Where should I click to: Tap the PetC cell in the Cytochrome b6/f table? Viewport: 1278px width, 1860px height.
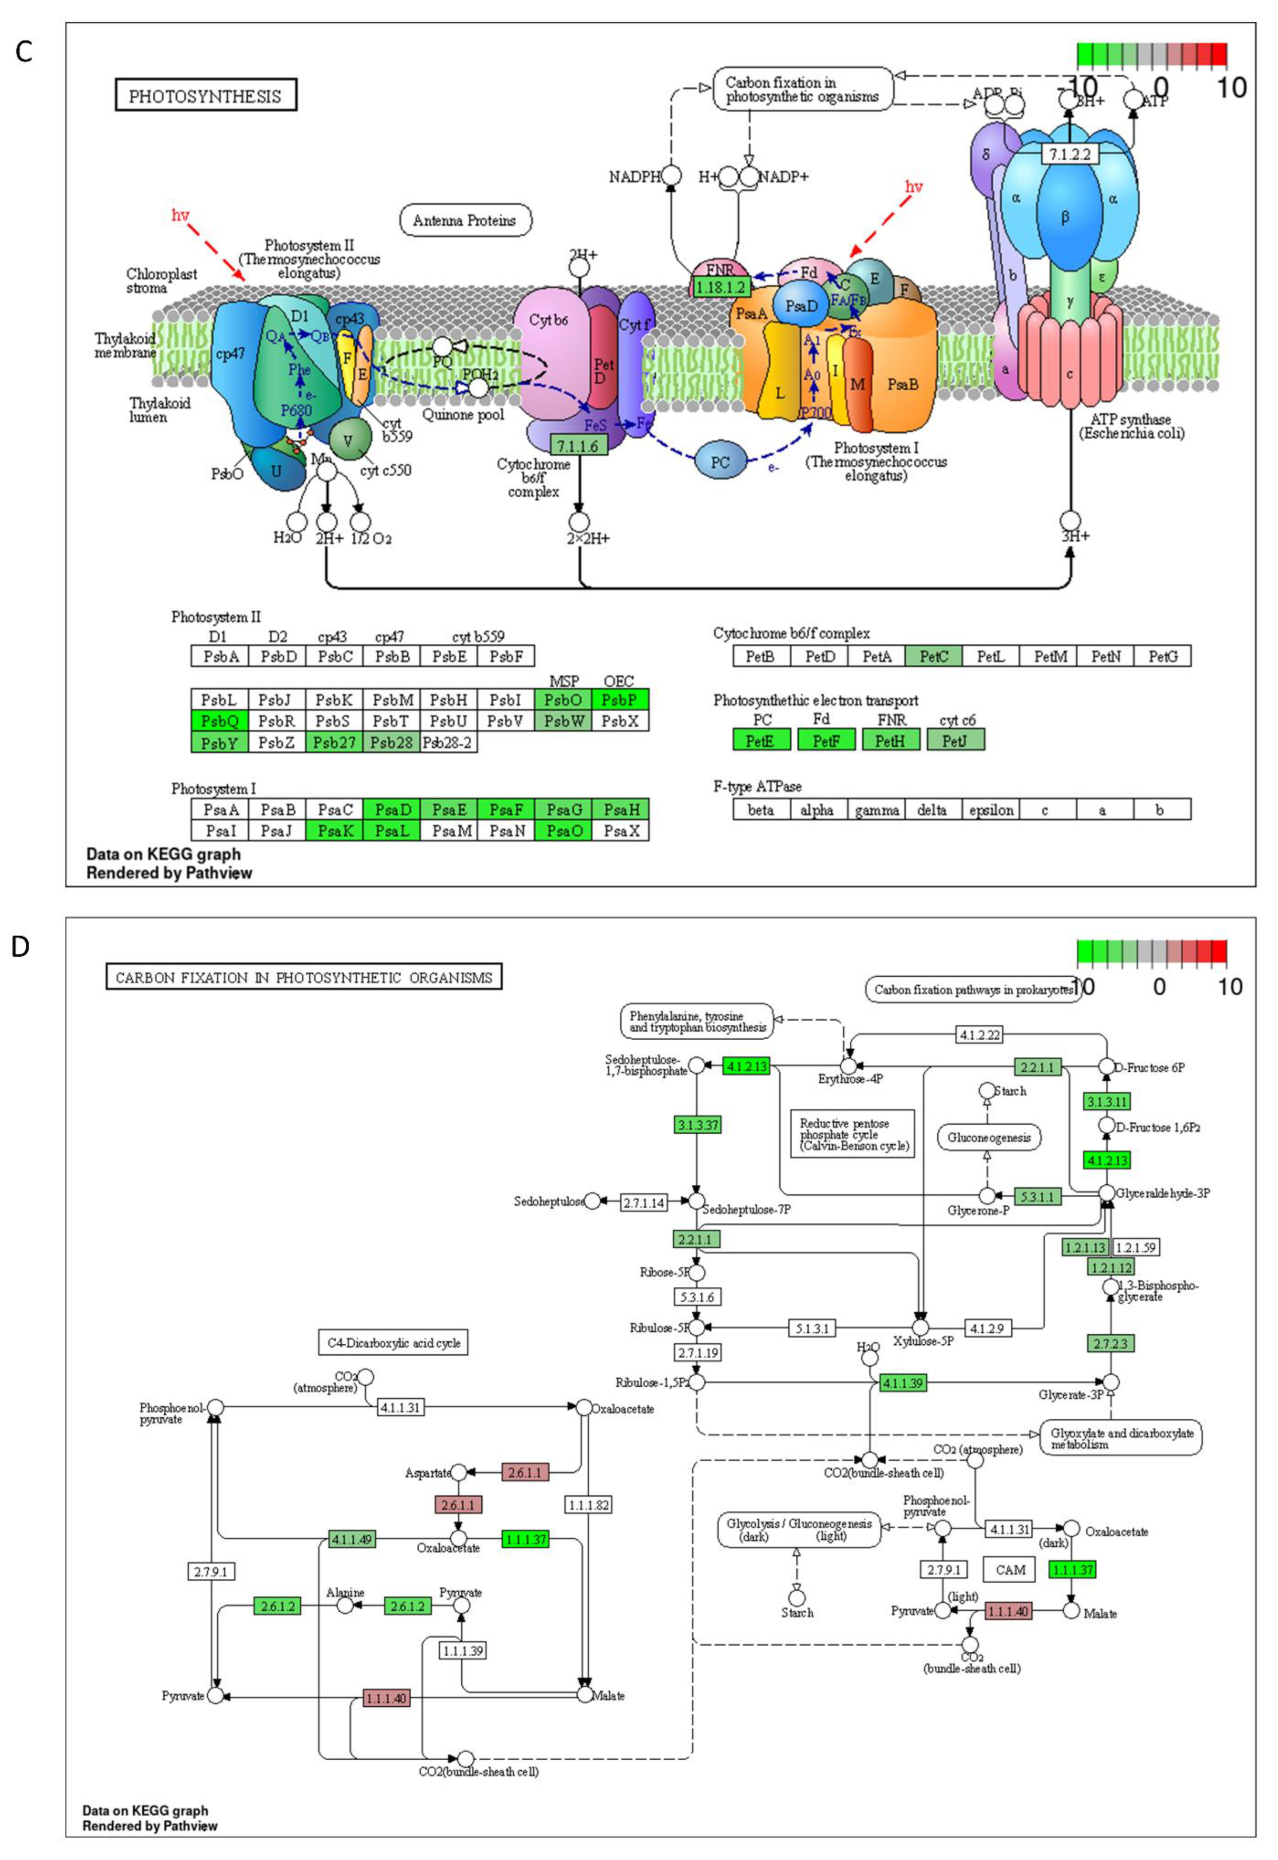[x=934, y=656]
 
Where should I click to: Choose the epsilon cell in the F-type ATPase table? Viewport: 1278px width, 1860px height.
[x=991, y=810]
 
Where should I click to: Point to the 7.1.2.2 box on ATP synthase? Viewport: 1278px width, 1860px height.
[x=1070, y=155]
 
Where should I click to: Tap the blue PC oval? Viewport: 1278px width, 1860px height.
[x=720, y=462]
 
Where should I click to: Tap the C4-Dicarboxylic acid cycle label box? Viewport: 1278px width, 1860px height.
[x=393, y=1342]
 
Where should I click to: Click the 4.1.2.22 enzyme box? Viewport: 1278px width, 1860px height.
[x=980, y=1035]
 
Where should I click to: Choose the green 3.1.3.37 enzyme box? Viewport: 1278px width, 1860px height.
[x=697, y=1125]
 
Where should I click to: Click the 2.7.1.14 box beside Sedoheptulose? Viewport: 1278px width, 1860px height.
[x=644, y=1202]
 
